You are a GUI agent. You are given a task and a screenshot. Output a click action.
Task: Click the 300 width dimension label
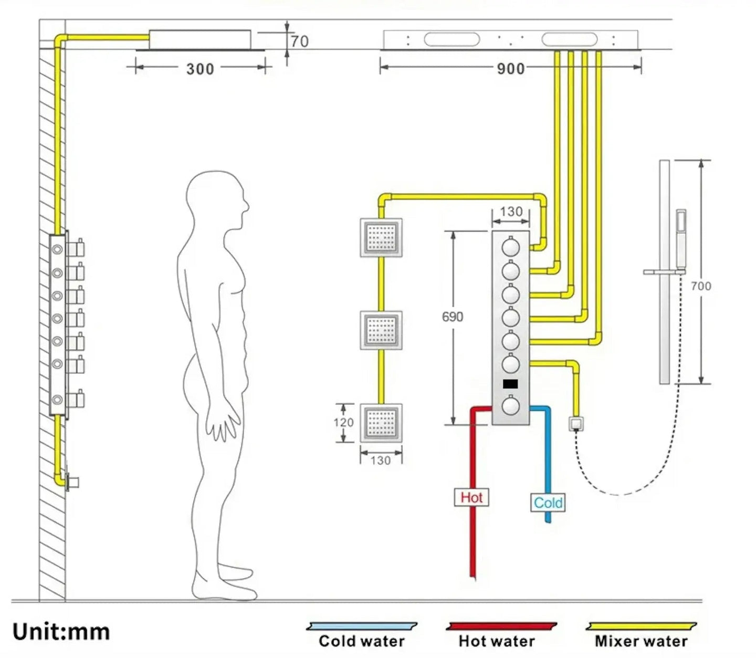click(x=200, y=69)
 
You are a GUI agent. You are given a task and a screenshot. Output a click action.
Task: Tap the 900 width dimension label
click(x=510, y=68)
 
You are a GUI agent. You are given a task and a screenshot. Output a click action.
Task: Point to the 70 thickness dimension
click(x=300, y=41)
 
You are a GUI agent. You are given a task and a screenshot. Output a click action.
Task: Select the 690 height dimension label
click(x=453, y=317)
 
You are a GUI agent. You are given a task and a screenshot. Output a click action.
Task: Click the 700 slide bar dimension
click(x=701, y=286)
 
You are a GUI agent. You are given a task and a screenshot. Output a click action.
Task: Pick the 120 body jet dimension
click(x=343, y=423)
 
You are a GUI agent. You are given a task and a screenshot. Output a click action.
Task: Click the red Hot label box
click(x=471, y=497)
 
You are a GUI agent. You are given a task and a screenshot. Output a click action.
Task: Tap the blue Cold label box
click(x=548, y=503)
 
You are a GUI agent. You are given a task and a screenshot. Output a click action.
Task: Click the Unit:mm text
click(x=61, y=632)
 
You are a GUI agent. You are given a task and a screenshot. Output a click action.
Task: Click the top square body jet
click(x=381, y=238)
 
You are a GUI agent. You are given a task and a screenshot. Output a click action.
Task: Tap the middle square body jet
click(x=381, y=330)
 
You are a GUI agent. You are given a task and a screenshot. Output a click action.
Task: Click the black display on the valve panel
click(x=510, y=384)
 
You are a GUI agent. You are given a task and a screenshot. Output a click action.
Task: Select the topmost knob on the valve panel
click(x=510, y=247)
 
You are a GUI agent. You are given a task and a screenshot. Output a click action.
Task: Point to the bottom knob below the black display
click(x=510, y=405)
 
